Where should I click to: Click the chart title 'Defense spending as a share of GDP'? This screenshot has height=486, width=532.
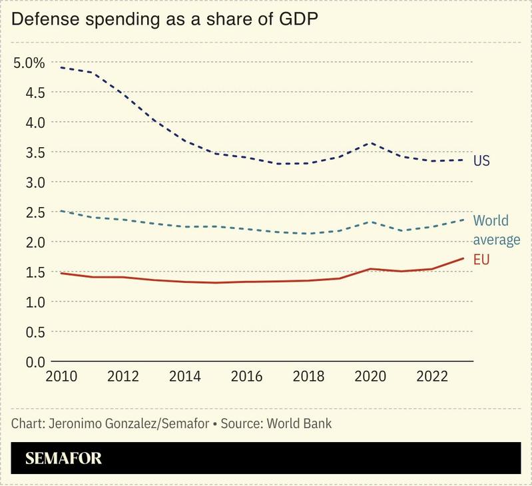pos(164,20)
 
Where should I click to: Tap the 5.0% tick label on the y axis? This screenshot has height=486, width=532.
pos(29,63)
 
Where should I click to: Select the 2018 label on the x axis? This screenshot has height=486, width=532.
pos(308,376)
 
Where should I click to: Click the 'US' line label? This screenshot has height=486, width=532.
pos(481,160)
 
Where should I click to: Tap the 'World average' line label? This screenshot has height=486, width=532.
pos(496,230)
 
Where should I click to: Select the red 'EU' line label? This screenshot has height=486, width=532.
pos(481,260)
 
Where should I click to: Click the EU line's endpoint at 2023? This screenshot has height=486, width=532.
pos(463,258)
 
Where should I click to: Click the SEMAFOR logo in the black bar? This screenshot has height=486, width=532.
pos(63,458)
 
